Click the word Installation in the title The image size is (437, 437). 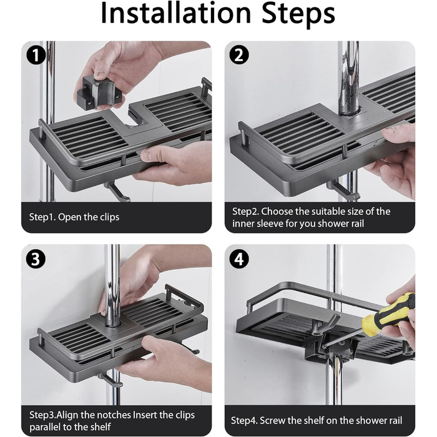click(175, 13)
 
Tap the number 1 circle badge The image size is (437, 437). click(36, 56)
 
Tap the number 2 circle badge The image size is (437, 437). click(239, 55)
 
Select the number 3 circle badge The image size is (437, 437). click(36, 259)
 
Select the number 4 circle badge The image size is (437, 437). click(239, 259)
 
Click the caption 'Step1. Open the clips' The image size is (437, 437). click(74, 217)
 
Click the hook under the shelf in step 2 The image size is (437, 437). click(343, 190)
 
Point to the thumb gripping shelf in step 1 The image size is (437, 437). click(154, 155)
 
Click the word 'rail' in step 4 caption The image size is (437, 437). click(395, 421)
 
